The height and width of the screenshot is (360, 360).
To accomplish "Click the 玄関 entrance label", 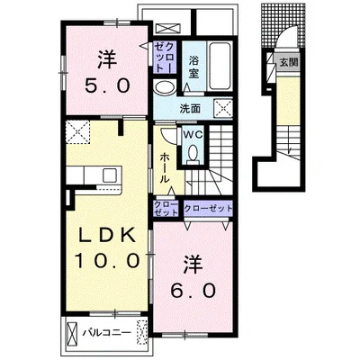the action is click(x=289, y=63).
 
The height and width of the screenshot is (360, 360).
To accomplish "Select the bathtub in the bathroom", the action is click(x=220, y=67).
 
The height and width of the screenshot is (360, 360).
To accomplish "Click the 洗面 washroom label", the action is click(x=190, y=109).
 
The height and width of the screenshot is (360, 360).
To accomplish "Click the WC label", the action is click(x=193, y=135).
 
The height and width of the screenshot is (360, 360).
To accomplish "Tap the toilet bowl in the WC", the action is click(x=193, y=153).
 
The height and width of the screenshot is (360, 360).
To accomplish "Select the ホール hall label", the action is click(x=165, y=167).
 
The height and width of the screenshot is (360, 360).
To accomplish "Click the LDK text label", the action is click(x=106, y=237).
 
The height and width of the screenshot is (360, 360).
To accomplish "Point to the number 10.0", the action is click(x=107, y=260).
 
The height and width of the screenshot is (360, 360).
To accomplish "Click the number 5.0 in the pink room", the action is click(x=107, y=85).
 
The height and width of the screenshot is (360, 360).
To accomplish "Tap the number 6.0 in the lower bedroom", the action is click(x=193, y=290).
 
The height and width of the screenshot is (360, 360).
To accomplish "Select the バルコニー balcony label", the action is click(x=107, y=333).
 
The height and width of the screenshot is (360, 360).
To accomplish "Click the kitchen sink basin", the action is click(x=110, y=175).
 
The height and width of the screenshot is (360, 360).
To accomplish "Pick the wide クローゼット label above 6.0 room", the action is click(x=208, y=208).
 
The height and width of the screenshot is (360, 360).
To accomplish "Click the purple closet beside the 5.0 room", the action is click(x=164, y=58).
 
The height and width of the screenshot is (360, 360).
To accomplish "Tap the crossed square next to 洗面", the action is click(x=223, y=109).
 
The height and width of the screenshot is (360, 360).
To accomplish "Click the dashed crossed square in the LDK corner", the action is click(x=77, y=132).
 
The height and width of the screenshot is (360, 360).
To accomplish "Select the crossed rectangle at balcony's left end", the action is click(x=72, y=333).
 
